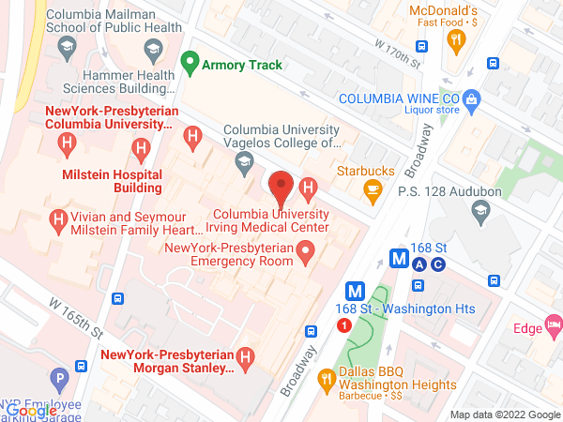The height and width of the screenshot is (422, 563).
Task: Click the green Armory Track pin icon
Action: tap(190, 64)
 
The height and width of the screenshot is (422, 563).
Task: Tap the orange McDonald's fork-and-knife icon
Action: tap(456, 38)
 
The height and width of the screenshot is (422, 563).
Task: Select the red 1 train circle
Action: tap(343, 324)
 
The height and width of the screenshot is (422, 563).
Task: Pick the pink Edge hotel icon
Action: tap(555, 327)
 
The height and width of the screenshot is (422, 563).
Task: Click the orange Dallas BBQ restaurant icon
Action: tap(327, 379)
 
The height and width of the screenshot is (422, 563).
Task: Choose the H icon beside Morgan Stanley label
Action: tap(245, 357)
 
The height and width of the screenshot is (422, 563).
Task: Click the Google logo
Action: tap(31, 411)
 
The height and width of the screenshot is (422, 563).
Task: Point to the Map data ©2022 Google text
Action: tap(503, 414)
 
